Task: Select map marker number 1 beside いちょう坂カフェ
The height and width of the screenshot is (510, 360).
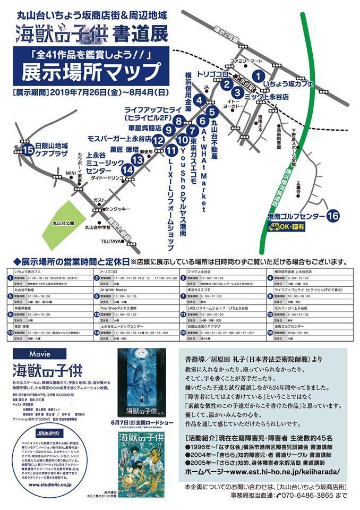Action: [258, 76]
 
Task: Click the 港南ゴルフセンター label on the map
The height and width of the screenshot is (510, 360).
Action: [296, 216]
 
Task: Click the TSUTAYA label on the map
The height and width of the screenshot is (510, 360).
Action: [111, 242]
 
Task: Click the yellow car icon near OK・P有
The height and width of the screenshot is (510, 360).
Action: [275, 227]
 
